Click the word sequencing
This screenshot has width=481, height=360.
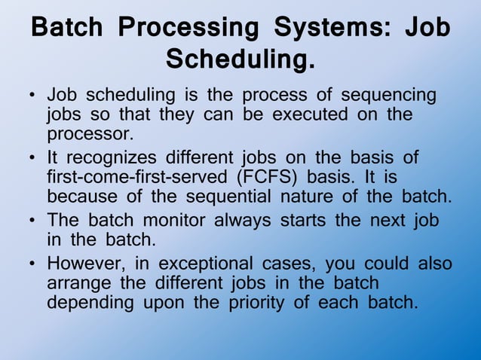click(x=388, y=96)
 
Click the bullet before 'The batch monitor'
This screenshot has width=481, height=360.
click(x=32, y=221)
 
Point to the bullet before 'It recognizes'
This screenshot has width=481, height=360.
click(x=32, y=159)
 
